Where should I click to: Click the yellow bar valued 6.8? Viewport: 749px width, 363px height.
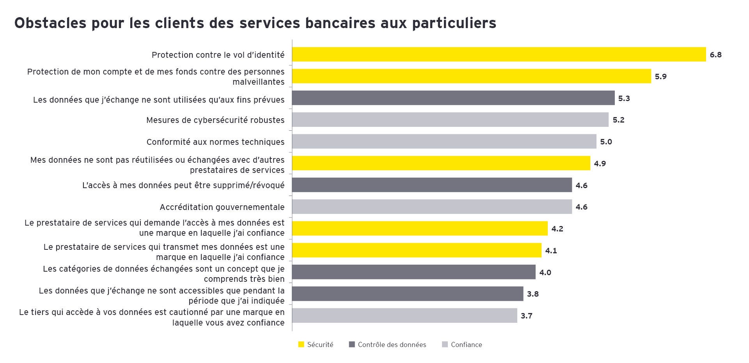499,54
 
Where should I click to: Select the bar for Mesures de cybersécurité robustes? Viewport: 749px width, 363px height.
450,120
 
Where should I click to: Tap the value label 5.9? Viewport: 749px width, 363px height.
660,77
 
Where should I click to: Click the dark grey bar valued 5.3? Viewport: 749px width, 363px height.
453,98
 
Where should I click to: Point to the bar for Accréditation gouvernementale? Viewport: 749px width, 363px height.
432,206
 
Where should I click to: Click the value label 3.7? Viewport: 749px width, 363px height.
526,316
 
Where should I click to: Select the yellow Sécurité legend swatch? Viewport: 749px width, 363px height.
301,345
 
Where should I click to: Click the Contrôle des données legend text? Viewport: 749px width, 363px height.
392,345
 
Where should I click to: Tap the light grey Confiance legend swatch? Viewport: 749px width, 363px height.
445,345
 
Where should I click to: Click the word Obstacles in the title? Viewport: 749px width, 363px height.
50,23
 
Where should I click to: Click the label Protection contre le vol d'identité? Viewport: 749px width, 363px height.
218,55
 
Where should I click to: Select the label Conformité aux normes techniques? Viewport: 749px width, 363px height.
215,142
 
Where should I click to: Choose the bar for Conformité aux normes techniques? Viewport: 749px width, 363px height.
444,141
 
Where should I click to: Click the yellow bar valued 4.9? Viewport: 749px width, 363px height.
441,163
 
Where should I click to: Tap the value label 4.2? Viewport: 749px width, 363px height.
557,229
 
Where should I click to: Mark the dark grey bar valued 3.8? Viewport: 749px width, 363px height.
407,294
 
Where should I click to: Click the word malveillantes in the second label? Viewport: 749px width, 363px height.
258,82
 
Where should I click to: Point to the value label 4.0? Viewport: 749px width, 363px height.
545,272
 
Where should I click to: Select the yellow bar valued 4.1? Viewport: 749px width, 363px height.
417,250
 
